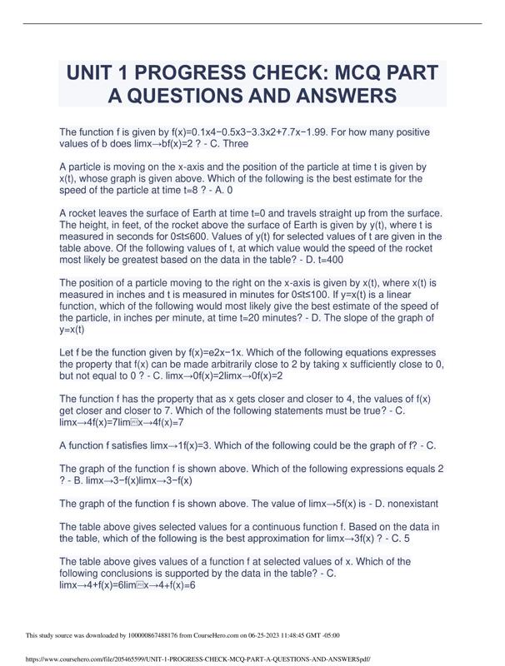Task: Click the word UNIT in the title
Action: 97,72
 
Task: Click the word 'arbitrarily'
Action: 257,364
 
